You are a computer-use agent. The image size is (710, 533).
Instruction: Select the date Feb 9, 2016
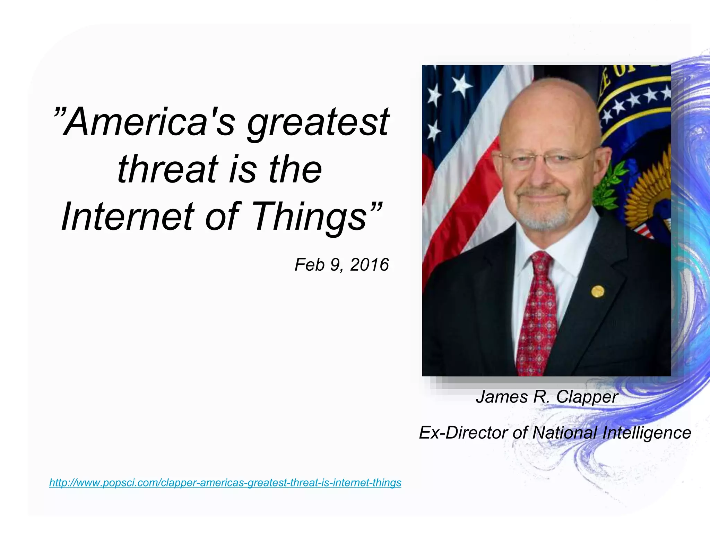(x=341, y=265)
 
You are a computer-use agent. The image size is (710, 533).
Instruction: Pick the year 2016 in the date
(x=369, y=265)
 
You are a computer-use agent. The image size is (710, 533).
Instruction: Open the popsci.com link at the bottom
(x=225, y=482)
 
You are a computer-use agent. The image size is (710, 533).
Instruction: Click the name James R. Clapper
(x=547, y=397)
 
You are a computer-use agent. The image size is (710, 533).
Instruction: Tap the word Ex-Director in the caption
(x=463, y=433)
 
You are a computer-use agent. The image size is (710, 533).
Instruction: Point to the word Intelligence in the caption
(x=647, y=433)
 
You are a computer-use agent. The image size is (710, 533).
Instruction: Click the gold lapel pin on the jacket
(x=597, y=291)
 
